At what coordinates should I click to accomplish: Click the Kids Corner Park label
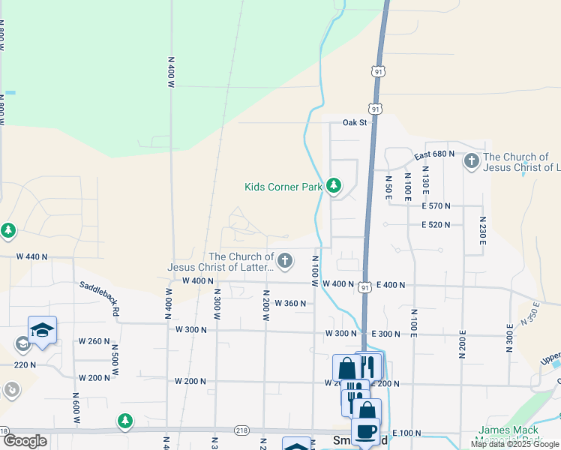point(283,187)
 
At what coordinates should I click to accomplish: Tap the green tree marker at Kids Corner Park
point(334,185)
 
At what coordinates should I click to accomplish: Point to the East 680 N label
point(435,154)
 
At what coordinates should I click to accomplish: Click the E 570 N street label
point(436,205)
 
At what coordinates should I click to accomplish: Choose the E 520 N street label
point(436,224)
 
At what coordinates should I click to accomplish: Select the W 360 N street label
point(290,304)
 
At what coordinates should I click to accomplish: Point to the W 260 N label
point(94,341)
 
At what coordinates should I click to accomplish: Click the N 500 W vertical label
point(115,359)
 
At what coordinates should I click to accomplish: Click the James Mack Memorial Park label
point(507,435)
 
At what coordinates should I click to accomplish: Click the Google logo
point(24,441)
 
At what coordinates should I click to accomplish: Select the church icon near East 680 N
point(471,161)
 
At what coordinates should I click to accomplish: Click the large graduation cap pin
point(43,330)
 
